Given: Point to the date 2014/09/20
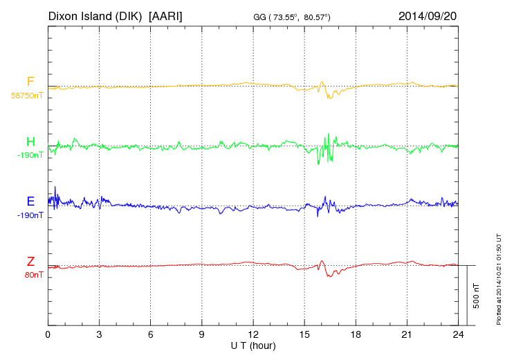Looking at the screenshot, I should click(428, 15).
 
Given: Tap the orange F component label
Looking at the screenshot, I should click(30, 82).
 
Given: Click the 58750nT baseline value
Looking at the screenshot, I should click(26, 96).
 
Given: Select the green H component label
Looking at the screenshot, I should click(30, 142).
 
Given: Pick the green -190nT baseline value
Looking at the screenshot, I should click(30, 155).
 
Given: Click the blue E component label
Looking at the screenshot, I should click(30, 201).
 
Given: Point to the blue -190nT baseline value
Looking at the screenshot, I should click(30, 215).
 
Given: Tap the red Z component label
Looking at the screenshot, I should click(30, 262).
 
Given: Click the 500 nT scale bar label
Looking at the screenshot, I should click(477, 296).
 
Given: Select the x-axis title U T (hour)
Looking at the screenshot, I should click(253, 345).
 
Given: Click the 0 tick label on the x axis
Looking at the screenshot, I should click(48, 334).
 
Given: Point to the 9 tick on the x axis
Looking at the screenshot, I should click(202, 334).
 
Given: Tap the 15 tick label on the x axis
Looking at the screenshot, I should click(304, 334).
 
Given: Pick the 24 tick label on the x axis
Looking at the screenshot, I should click(458, 334).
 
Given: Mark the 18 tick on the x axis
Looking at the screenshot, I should click(356, 334).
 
